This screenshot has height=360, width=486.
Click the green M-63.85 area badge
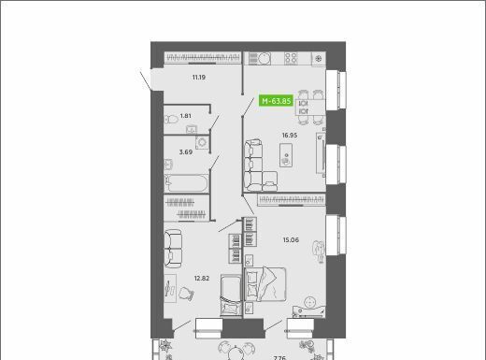pyautogui.click(x=276, y=101)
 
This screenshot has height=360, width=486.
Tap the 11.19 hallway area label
pyautogui.click(x=199, y=77)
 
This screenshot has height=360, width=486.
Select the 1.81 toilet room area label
pyautogui.click(x=186, y=116)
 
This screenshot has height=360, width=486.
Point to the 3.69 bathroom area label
pyautogui.click(x=186, y=152)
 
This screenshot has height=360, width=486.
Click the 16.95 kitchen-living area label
pyautogui.click(x=290, y=136)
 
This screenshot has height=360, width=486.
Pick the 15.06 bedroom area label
pyautogui.click(x=291, y=239)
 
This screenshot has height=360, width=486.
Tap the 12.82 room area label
pyautogui.click(x=202, y=278)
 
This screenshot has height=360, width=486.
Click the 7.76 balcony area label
pyautogui.click(x=279, y=358)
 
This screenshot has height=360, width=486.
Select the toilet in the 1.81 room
pyautogui.click(x=171, y=120)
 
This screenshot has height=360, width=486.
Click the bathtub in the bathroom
pyautogui.click(x=186, y=183)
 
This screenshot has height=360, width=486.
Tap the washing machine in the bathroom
pyautogui.click(x=202, y=142)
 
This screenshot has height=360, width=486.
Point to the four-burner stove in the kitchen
pyautogui.click(x=291, y=58)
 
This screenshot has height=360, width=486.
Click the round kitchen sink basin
pyautogui.click(x=264, y=59)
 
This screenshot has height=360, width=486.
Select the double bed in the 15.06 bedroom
pyautogui.click(x=265, y=284)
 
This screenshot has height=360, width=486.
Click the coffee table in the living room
pyautogui.click(x=286, y=155)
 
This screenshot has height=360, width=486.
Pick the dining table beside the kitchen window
pyautogui.click(x=310, y=107)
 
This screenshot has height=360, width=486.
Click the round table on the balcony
pyautogui.click(x=236, y=354)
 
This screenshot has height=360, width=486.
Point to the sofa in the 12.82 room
pyautogui.click(x=173, y=249)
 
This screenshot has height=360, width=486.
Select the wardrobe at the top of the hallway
pyautogui.click(x=203, y=58)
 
